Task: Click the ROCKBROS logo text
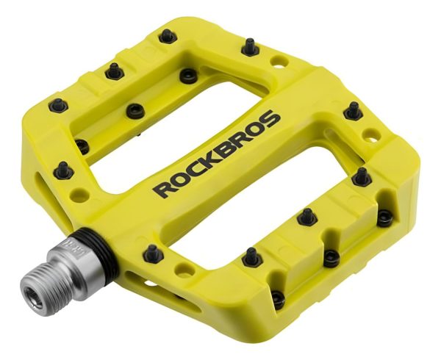(x=216, y=154)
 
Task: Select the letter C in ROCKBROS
(x=198, y=167)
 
